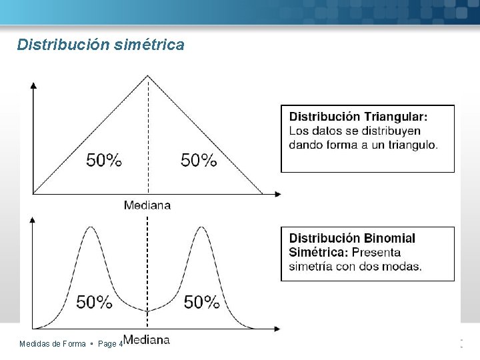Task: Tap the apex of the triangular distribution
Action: (x=148, y=75)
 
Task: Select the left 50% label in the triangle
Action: (x=104, y=160)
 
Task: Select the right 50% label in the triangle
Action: (x=199, y=160)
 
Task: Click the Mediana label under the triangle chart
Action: (x=147, y=205)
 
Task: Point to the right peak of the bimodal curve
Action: (x=200, y=228)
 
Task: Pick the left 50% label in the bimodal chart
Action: (x=94, y=302)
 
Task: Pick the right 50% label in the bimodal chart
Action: (x=202, y=302)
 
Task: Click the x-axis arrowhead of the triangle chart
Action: (x=277, y=195)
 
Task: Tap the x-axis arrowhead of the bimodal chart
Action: (x=277, y=329)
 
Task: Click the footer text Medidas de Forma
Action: (x=53, y=344)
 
